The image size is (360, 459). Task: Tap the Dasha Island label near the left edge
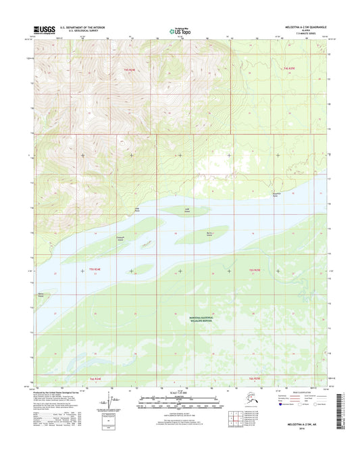tap(43, 295)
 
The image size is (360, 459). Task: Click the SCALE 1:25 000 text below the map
tap(179, 394)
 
